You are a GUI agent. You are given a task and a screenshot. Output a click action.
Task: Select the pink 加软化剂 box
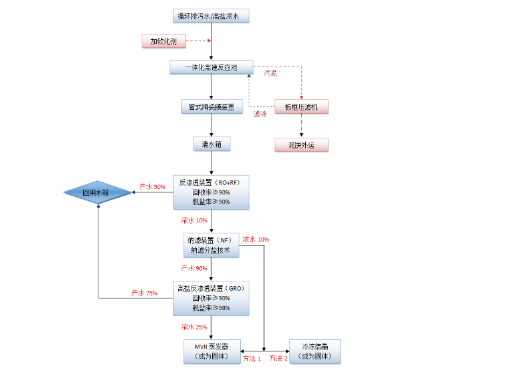coord(163,41)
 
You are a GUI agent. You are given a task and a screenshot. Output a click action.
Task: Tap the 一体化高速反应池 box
coord(211,67)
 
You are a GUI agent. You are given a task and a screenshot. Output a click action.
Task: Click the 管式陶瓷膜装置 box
coord(211,106)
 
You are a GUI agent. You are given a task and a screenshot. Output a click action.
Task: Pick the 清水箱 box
coord(211,144)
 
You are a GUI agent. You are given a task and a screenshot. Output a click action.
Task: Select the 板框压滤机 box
coord(301,106)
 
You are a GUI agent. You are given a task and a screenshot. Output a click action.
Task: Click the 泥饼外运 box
coord(301,144)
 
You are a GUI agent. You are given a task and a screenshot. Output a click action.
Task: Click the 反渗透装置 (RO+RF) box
coord(211,192)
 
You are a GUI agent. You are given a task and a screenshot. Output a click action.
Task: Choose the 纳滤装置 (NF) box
coord(211,246)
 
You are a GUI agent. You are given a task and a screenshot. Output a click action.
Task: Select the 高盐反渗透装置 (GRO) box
coord(211,298)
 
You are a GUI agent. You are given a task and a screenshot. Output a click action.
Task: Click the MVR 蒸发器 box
coord(211,351)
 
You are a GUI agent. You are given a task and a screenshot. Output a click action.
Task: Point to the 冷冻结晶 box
coord(315,351)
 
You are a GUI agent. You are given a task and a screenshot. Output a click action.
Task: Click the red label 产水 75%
coord(144,293)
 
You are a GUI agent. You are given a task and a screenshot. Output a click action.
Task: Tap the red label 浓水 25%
coord(194,327)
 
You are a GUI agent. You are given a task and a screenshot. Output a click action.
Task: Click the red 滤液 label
coord(260,114)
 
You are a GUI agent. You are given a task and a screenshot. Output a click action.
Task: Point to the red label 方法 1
coord(252,359)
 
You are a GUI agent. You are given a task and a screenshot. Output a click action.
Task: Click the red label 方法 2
coord(279,359)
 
